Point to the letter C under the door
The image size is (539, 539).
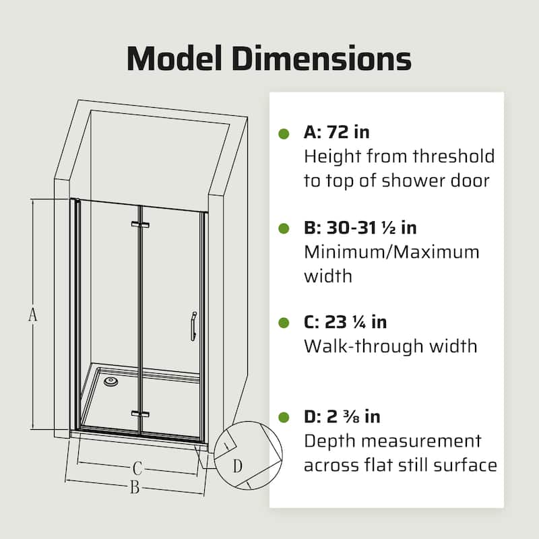(137, 467)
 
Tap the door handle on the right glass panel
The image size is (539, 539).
(192, 326)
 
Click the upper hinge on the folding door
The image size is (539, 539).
(139, 225)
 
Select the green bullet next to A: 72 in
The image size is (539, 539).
(284, 133)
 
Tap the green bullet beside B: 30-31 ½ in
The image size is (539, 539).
(284, 228)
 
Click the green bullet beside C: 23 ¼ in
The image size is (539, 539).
(284, 323)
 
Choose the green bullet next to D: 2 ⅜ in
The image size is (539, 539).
(284, 418)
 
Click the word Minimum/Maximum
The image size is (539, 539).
(391, 253)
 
